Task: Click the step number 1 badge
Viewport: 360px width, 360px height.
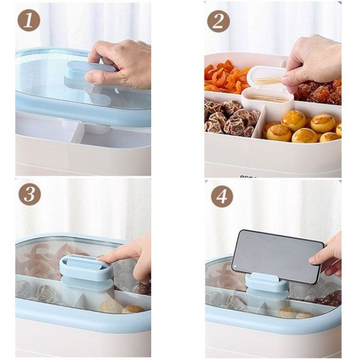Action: point(29,20)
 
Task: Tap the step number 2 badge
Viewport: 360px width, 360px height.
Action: point(218,21)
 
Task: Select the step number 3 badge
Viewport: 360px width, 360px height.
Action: point(30,194)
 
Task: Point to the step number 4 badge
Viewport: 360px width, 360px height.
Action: point(222,196)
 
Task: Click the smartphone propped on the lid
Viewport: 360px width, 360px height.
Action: point(278,256)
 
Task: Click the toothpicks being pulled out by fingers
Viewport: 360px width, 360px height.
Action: point(267,80)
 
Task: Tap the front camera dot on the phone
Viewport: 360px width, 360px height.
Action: point(234,267)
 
